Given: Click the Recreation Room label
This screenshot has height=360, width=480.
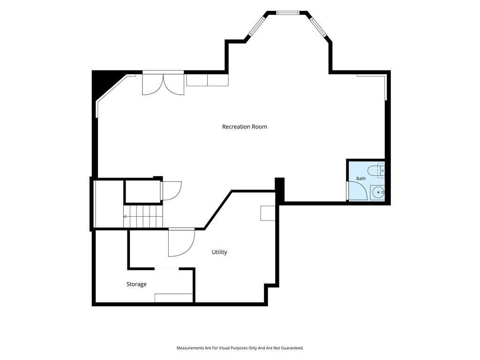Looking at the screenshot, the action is point(244,127).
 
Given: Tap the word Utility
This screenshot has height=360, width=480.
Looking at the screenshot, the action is point(219,252).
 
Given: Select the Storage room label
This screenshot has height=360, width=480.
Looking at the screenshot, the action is point(136,285).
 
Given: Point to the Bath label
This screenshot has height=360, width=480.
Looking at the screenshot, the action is point(360,179).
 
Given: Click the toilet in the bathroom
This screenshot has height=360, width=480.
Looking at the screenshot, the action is point(375,170).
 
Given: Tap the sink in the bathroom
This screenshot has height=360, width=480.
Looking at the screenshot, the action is point(378,193).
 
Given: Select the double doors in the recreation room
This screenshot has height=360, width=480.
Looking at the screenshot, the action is point(163,83).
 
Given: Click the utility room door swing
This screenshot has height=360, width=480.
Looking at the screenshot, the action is point(181,243).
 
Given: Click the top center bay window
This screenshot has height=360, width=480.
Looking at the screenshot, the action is point(287,13).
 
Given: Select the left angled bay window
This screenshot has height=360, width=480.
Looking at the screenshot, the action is point(256,26).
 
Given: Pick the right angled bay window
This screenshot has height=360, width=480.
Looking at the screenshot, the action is point(318,27).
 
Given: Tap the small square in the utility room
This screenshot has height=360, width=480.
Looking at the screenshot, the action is point(268,213).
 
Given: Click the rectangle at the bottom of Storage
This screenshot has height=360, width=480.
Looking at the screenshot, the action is point(174,298).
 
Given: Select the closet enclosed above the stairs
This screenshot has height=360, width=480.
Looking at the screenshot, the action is point(143,191).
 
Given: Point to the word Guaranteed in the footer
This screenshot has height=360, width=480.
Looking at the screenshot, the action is point(292,348).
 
